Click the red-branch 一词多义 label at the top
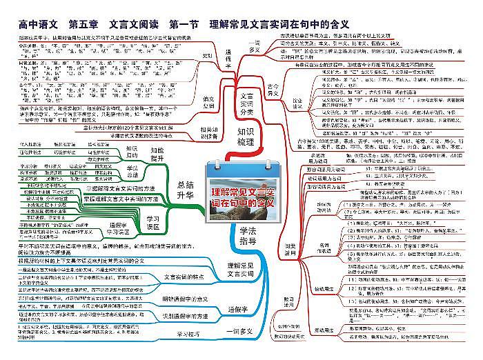click(x=254, y=47)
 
